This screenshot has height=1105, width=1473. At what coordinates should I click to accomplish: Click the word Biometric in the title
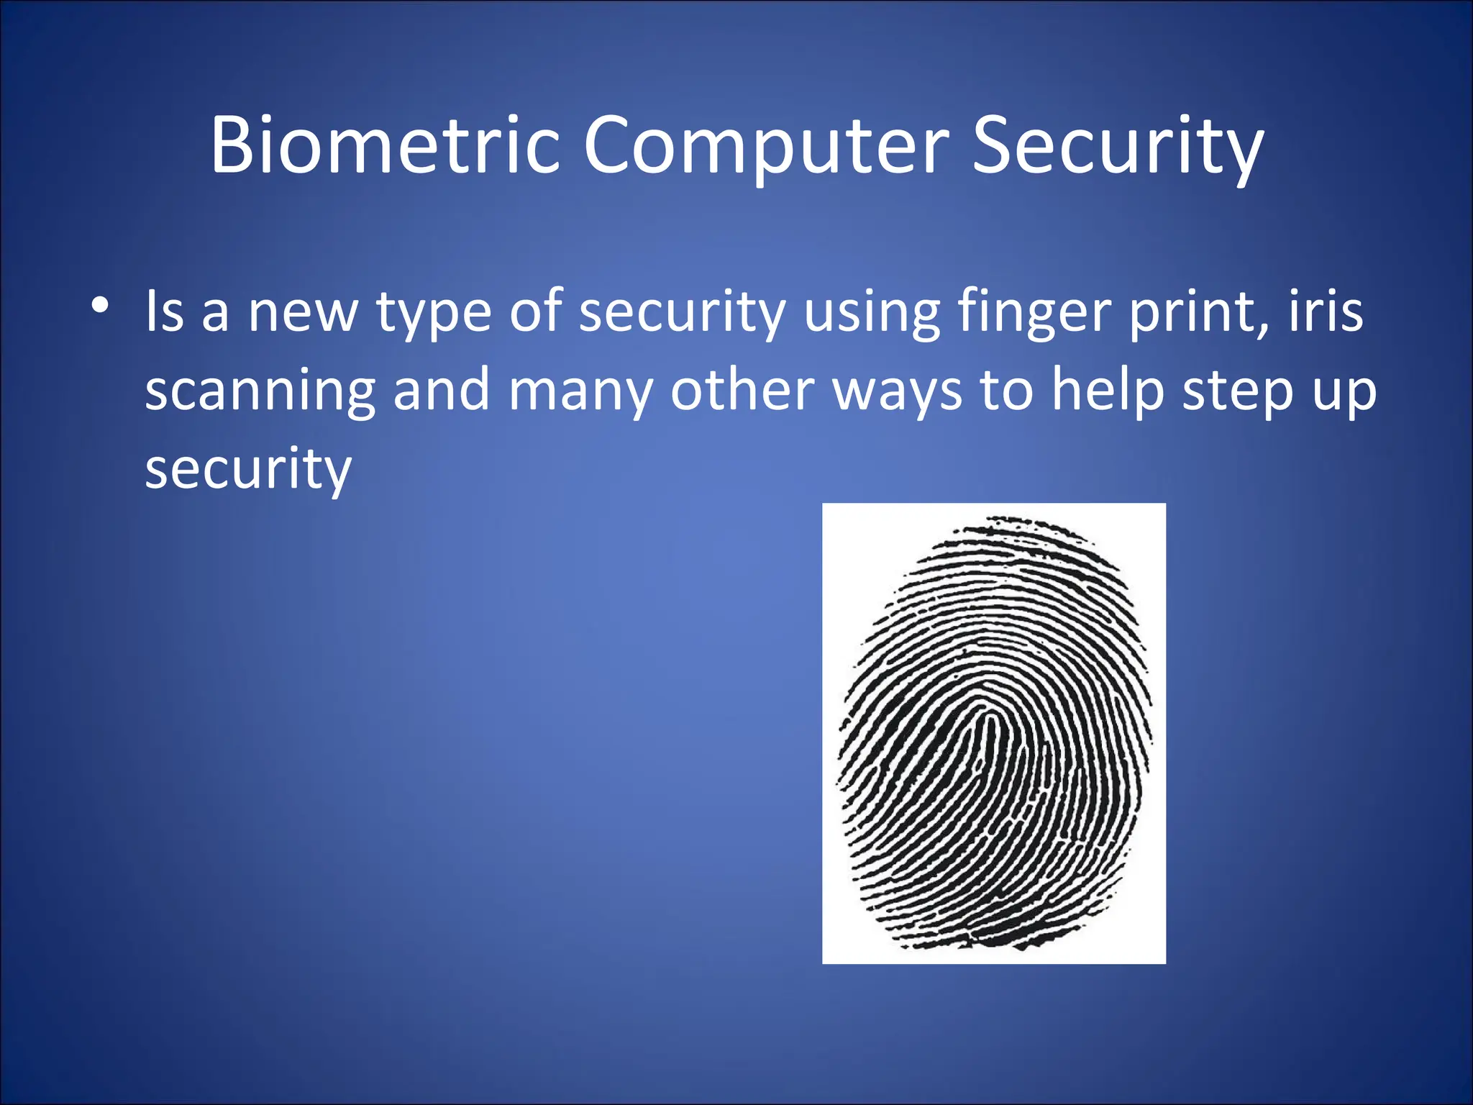[385, 145]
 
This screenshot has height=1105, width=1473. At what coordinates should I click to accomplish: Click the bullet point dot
[100, 305]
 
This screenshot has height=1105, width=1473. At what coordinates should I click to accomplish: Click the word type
[434, 313]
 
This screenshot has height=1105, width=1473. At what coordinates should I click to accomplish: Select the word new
[302, 313]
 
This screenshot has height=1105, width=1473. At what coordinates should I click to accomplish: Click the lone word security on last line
[248, 469]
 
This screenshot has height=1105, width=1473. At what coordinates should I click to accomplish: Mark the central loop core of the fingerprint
[992, 727]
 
